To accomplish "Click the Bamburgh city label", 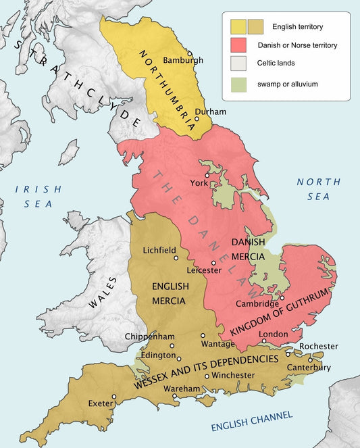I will (183, 60).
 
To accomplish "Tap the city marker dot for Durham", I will (197, 119).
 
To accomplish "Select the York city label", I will (199, 182).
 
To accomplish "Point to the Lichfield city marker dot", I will (176, 257).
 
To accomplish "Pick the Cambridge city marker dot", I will (282, 297).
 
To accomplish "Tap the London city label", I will (274, 334).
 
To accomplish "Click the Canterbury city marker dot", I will (311, 359).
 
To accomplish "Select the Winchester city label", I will (233, 375).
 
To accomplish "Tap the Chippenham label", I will (149, 337).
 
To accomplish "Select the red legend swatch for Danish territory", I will (238, 45).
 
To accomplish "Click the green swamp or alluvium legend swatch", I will (238, 84).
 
